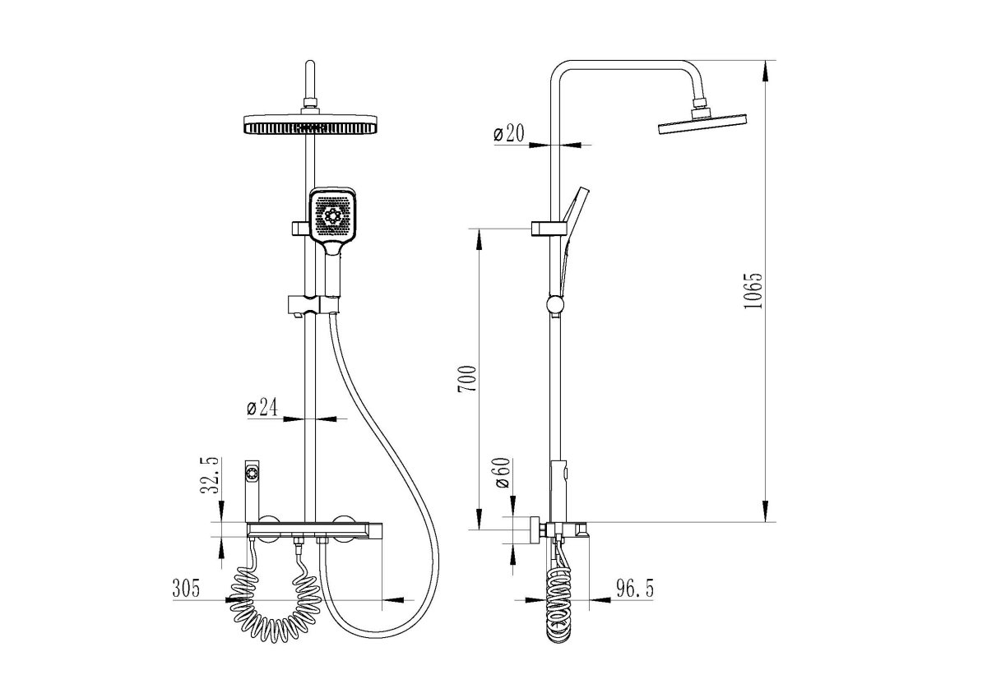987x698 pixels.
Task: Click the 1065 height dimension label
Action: [753, 291]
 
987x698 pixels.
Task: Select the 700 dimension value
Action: [467, 379]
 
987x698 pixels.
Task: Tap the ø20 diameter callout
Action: [509, 133]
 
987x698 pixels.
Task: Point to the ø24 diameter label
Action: [262, 407]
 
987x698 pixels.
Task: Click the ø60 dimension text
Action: [503, 473]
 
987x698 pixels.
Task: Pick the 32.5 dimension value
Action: [211, 475]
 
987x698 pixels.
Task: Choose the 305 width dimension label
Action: [186, 589]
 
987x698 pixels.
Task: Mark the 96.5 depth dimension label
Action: [635, 589]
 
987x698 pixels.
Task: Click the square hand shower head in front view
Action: [333, 215]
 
